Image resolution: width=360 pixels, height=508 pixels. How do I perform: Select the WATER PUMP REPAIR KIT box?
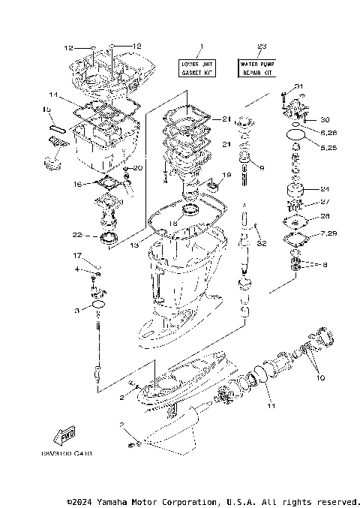[x=257, y=69]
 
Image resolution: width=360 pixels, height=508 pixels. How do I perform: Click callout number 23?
[x=261, y=48]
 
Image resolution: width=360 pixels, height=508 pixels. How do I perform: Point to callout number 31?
[x=298, y=87]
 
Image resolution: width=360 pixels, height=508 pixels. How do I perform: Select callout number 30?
[x=324, y=119]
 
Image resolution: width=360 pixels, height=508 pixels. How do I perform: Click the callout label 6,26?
[x=328, y=133]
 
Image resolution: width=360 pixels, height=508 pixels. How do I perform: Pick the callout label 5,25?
[x=328, y=147]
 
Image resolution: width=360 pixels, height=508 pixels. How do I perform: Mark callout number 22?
[x=76, y=235]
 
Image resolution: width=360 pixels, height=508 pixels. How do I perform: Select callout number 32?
[x=262, y=244]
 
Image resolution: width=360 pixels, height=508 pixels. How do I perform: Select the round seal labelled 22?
[x=108, y=239]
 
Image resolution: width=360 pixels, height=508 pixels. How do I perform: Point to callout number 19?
[x=226, y=175]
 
